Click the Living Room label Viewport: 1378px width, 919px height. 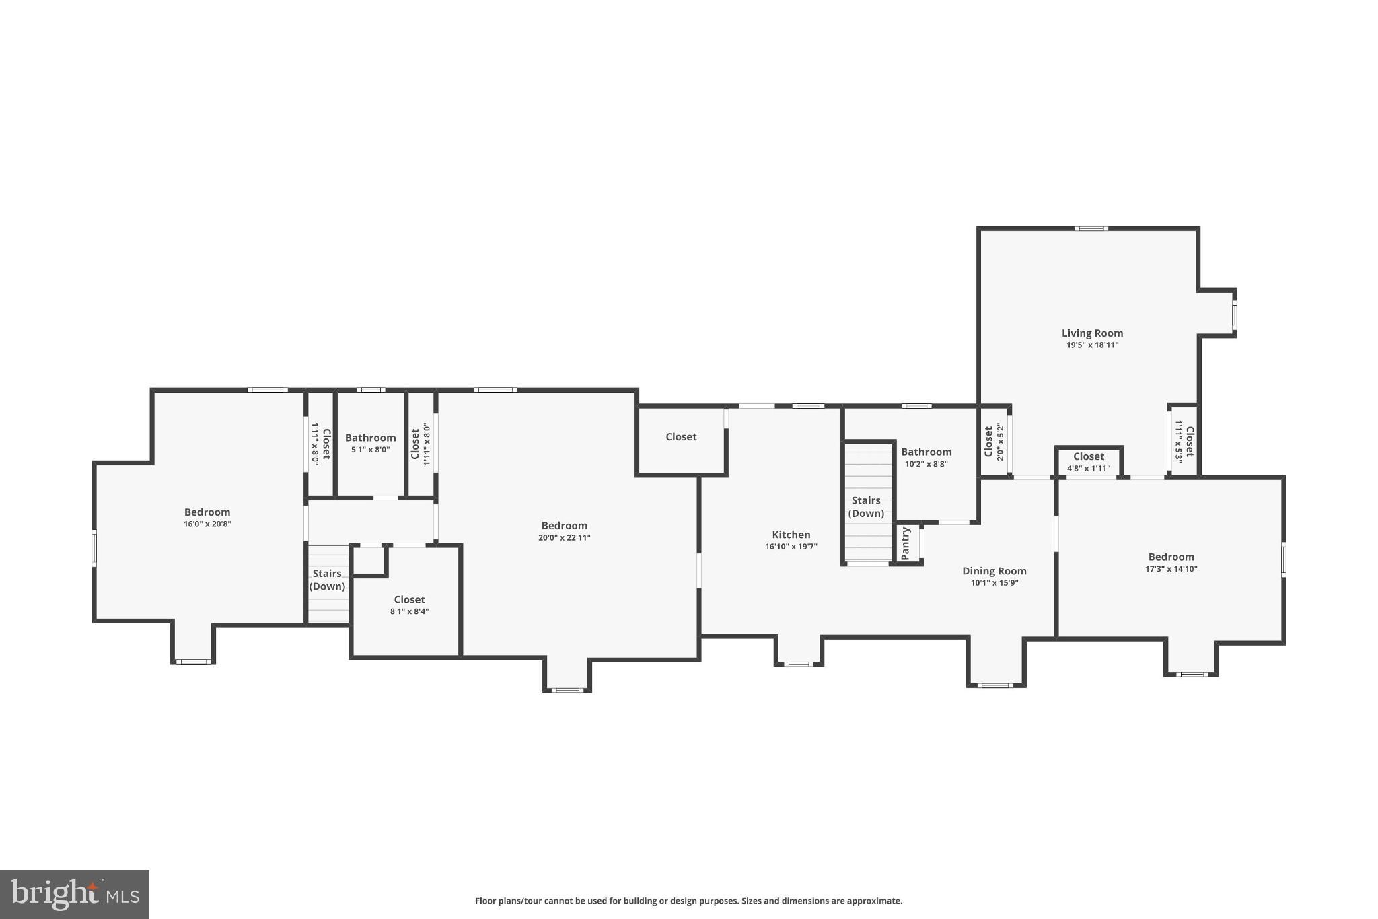coord(1091,333)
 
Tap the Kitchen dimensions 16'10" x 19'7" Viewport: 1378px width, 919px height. coord(791,547)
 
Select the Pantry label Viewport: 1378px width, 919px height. coord(906,543)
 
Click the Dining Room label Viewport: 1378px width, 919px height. coord(994,571)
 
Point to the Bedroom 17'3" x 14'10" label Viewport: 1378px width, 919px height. coord(1171,557)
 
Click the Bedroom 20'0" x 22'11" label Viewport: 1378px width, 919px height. coord(564,526)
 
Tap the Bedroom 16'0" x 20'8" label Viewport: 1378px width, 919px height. coord(207,512)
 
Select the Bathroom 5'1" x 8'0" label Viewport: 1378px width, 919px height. coord(370,438)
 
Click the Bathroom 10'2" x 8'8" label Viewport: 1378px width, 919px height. coord(926,452)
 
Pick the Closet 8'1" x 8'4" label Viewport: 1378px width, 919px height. coord(409,599)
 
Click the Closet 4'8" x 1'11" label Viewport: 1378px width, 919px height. coord(1088,456)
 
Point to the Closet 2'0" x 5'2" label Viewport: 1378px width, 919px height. coord(988,441)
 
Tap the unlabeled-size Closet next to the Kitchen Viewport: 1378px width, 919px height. coord(681,437)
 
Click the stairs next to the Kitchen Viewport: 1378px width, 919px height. coord(867,532)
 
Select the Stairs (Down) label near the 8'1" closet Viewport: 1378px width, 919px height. coord(327,580)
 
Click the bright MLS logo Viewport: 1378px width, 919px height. coord(75,894)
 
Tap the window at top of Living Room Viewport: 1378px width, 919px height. coord(1091,229)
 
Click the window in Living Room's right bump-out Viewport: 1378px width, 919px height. coord(1234,314)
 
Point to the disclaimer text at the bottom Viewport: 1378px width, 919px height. coord(688,901)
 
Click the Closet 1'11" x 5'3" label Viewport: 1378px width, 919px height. coord(1189,441)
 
